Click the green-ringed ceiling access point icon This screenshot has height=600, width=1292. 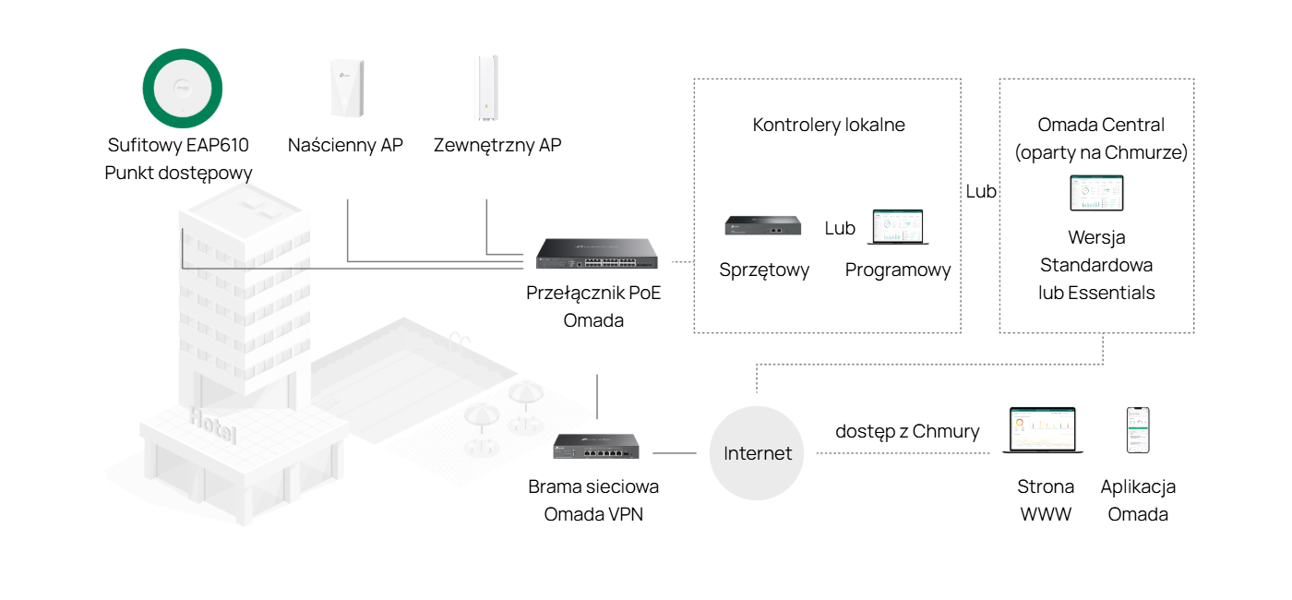[183, 89]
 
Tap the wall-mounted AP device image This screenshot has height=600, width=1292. [347, 88]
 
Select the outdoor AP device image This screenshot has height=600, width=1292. [487, 88]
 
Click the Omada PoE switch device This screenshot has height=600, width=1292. [596, 254]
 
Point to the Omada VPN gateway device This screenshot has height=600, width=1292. [596, 446]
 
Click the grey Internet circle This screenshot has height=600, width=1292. [757, 453]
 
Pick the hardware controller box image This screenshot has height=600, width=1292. [763, 225]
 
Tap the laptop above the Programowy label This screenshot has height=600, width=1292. [898, 227]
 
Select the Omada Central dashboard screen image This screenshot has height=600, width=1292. [1096, 193]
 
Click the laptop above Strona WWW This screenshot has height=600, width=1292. [1043, 430]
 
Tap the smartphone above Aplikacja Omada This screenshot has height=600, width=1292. [1138, 430]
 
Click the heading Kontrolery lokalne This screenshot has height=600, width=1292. [829, 125]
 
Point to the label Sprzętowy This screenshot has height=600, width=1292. [764, 270]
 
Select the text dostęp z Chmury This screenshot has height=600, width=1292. [907, 432]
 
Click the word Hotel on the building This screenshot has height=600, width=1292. [213, 425]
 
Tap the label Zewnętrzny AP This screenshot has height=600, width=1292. [497, 146]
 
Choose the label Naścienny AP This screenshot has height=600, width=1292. [345, 145]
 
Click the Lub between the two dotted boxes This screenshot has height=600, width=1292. [980, 192]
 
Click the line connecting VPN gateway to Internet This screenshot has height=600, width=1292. [675, 453]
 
